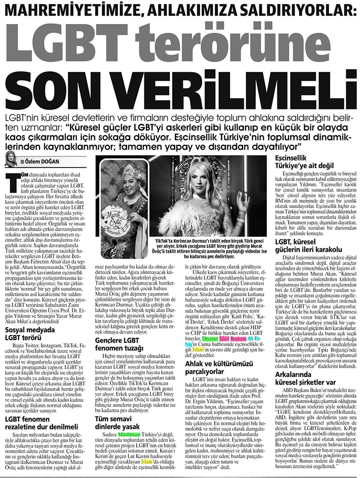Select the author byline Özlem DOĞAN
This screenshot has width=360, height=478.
click(x=41, y=161)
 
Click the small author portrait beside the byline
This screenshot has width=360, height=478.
click(x=10, y=160)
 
